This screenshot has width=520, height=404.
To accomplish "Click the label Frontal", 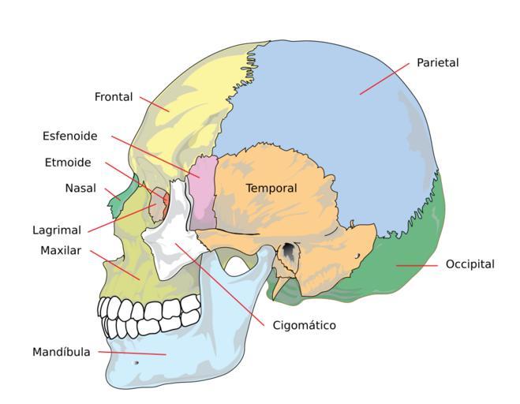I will (113, 97).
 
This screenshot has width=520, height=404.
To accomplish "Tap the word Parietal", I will (437, 62).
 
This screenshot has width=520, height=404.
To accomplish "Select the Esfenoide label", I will (70, 136).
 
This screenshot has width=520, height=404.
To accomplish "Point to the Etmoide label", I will (68, 163).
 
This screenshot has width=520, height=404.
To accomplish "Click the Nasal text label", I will (80, 189).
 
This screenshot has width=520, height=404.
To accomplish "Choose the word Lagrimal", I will (57, 231).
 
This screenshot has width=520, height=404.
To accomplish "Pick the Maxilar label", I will (61, 251).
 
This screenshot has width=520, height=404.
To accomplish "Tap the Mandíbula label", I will (61, 351).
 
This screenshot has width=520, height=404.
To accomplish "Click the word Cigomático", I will (304, 325).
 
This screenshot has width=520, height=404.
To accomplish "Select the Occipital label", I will (469, 264).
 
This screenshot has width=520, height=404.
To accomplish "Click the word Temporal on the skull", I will (271, 189).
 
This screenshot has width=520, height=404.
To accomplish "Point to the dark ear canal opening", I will (290, 251).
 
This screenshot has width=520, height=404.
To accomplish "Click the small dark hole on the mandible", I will (137, 363).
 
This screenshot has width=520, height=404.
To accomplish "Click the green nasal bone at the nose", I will (118, 204).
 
